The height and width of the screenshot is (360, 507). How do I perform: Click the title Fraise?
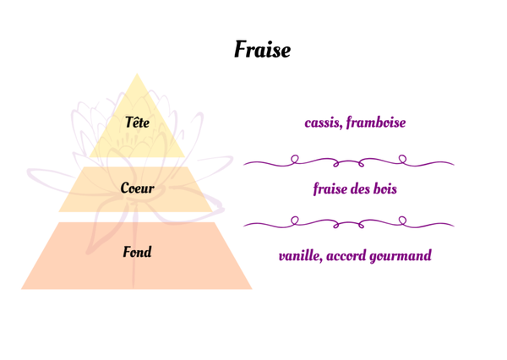[262, 50]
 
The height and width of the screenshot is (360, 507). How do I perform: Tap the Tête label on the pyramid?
[137, 123]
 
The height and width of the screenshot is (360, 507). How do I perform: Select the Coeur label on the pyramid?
[137, 188]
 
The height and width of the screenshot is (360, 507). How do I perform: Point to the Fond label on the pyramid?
[137, 252]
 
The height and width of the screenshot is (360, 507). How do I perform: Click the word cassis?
[323, 123]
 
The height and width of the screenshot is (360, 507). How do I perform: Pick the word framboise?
[376, 123]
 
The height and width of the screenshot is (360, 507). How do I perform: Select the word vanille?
[300, 255]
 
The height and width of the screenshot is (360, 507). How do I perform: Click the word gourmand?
[401, 256]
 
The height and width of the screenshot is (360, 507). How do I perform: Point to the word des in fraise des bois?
[358, 188]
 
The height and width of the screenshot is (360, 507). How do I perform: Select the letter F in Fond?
[126, 252]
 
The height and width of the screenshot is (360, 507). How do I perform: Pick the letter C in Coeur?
[124, 188]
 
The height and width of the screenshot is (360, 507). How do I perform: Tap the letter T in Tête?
[128, 123]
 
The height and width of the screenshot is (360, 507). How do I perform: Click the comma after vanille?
[322, 260]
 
